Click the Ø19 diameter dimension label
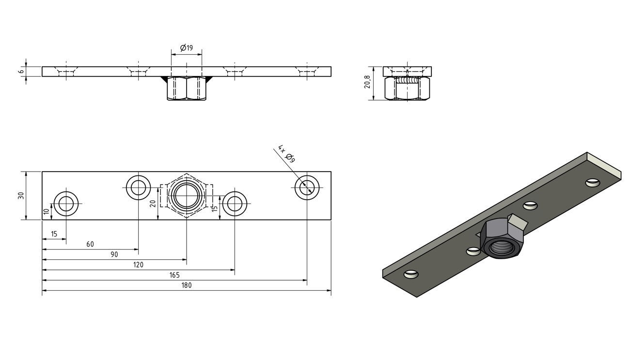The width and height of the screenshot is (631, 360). point(187,48)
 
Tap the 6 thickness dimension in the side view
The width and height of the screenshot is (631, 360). point(21,72)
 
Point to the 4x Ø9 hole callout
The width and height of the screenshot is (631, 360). point(287,154)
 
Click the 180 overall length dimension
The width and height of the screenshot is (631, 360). point(187,285)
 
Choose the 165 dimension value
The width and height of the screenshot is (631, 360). point(174,275)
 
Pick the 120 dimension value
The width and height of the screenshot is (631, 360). point(138,265)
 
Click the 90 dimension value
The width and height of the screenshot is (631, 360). point(114,255)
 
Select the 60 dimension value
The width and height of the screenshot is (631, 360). point(90,244)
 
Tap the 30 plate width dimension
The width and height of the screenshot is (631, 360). point(21,195)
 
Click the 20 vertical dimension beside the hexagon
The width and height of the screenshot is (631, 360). point(153,203)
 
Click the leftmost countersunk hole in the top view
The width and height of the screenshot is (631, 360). point(66,203)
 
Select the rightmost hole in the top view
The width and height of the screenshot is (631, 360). point(307,188)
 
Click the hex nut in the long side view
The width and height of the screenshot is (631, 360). point(187,88)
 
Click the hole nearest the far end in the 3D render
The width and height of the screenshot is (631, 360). point(593,183)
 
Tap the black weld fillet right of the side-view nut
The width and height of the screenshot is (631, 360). point(209,79)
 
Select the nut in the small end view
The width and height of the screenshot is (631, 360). point(407,88)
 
